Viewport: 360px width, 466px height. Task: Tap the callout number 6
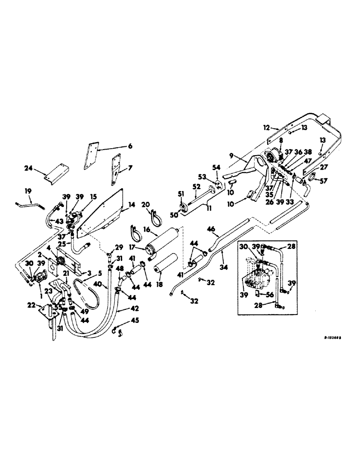pos(130,146)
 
